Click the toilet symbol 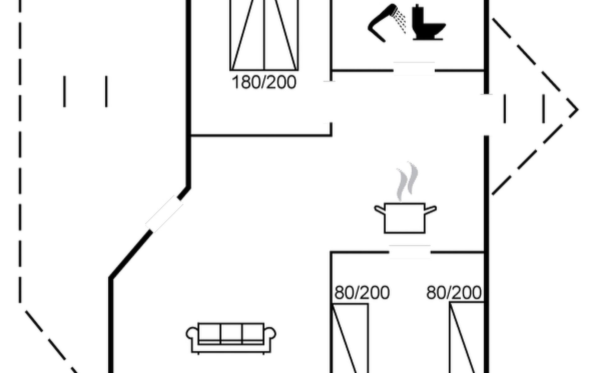(x=428, y=22)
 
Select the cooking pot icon (x=405, y=218)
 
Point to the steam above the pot (x=407, y=182)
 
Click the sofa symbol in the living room (x=231, y=338)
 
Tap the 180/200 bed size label (x=264, y=83)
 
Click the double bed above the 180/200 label (x=264, y=35)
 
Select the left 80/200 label (x=362, y=293)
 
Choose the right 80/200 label (x=454, y=293)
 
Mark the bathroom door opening (x=414, y=69)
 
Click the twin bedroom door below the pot (x=410, y=252)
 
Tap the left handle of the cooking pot (x=380, y=210)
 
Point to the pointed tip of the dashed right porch (x=578, y=109)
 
